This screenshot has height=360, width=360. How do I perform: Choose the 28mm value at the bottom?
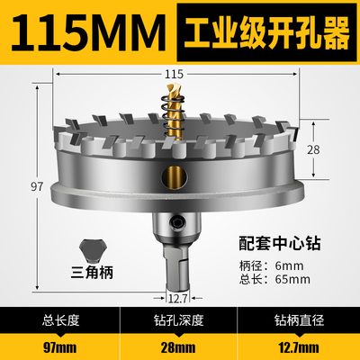click(x=180, y=343)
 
